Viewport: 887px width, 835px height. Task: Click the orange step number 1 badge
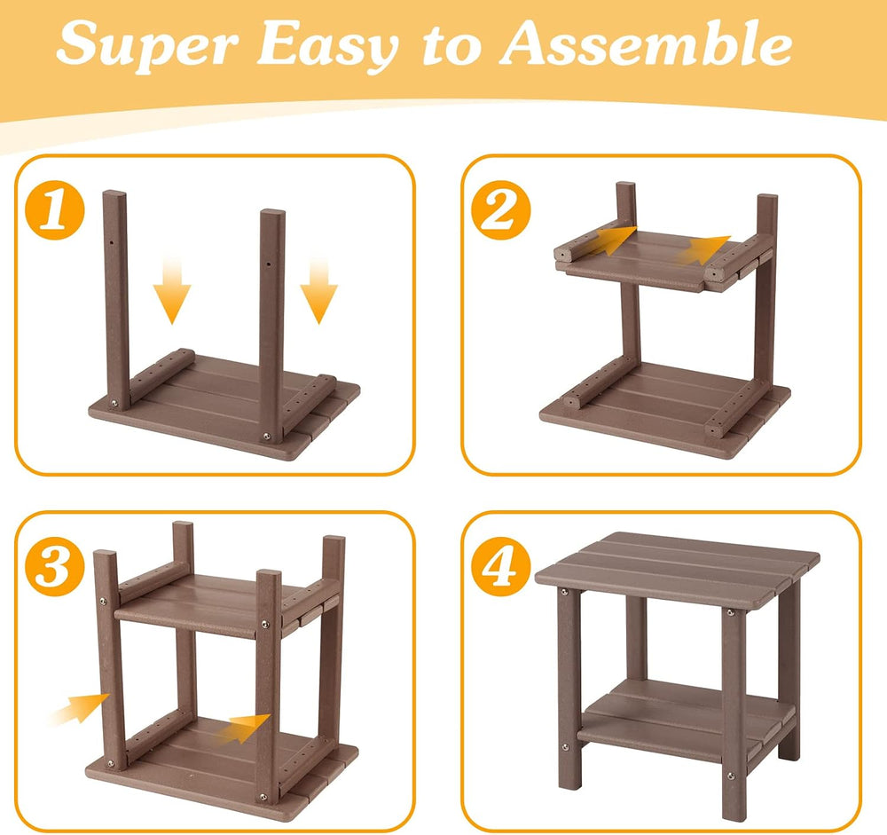click(x=55, y=210)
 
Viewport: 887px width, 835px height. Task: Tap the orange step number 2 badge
click(x=501, y=210)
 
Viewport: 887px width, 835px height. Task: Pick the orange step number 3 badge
click(x=55, y=566)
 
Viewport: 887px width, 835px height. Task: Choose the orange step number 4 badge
click(x=501, y=566)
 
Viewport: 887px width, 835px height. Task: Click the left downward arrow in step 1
click(x=172, y=290)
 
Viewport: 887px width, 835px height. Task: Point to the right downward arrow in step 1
click(x=319, y=290)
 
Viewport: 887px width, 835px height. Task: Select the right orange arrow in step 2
click(x=703, y=249)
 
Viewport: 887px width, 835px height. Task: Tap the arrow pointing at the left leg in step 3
click(x=80, y=708)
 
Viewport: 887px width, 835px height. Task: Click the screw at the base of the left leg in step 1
click(x=114, y=404)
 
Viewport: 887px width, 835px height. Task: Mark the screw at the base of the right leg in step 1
click(x=266, y=436)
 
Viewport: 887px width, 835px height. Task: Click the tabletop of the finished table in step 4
click(x=677, y=571)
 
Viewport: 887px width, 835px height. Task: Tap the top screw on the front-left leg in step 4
click(x=564, y=592)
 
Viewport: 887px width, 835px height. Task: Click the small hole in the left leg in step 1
click(x=112, y=242)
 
